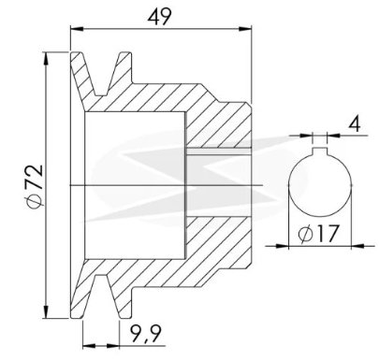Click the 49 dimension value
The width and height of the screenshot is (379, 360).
pyautogui.click(x=159, y=17)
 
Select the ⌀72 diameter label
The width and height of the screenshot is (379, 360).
pyautogui.click(x=35, y=186)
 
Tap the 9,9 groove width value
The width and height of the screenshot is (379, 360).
pyautogui.click(x=145, y=334)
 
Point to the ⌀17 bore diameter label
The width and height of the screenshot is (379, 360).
pyautogui.click(x=318, y=234)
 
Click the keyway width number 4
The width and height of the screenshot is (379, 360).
pyautogui.click(x=355, y=124)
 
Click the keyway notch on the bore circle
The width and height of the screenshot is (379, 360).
pyautogui.click(x=320, y=151)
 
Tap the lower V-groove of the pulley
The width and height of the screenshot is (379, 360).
pyautogui.click(x=102, y=296)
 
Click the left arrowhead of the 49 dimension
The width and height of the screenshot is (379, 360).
pyautogui.click(x=77, y=29)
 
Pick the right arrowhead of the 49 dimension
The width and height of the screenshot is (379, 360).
pyautogui.click(x=245, y=29)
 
